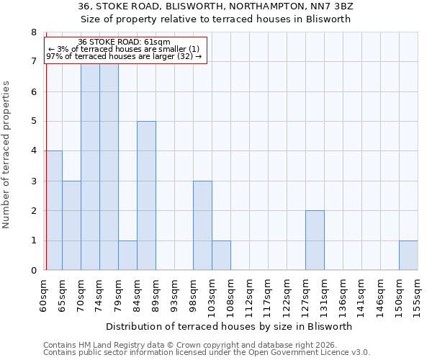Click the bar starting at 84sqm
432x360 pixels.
click(146, 196)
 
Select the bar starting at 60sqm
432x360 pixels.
click(53, 210)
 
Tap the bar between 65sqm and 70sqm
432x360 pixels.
click(71, 225)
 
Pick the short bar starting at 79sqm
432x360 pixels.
click(127, 255)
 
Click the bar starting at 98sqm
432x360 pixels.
click(202, 225)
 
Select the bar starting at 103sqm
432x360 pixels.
click(221, 255)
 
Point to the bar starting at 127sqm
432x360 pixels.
click(315, 240)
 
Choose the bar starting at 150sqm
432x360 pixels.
click(408, 255)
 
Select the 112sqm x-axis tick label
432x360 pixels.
click(250, 294)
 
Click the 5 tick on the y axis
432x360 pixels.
click(33, 121)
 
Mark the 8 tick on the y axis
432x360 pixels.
click(33, 32)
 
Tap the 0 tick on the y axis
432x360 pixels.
click(33, 271)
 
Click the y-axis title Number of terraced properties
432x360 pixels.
click(7, 155)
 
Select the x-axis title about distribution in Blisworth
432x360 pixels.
click(233, 326)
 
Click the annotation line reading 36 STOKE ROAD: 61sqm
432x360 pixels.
click(124, 42)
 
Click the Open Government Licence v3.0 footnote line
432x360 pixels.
click(207, 353)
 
